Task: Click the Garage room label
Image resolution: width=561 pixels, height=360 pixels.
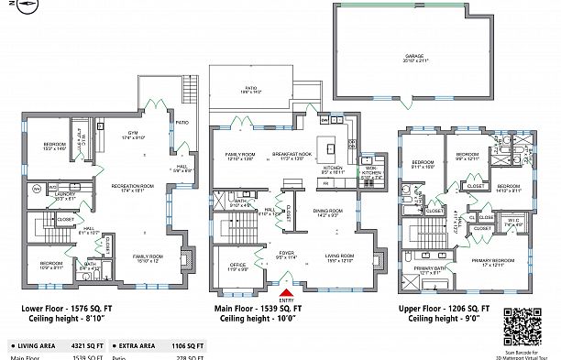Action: click(x=414, y=58)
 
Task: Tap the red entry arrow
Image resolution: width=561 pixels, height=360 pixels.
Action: click(x=287, y=291)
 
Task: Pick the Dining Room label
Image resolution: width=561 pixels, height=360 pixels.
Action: click(x=328, y=211)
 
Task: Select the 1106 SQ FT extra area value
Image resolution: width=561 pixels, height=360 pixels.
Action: click(x=187, y=346)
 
